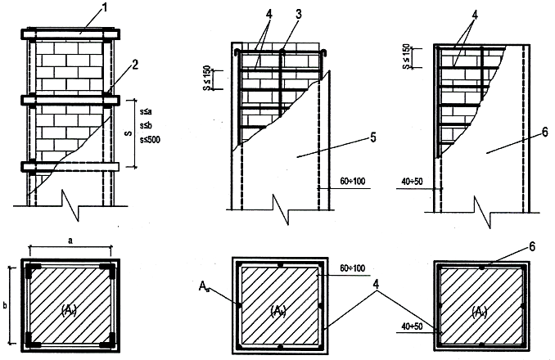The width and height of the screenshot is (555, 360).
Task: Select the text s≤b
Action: [147, 125]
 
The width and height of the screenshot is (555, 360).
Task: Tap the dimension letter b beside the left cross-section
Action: [7, 302]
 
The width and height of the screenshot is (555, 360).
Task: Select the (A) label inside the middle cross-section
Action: [279, 308]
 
